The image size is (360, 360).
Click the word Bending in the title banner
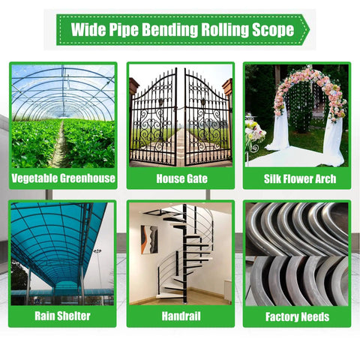pos(170,30)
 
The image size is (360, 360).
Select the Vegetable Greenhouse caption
pos(63,178)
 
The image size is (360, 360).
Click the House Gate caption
pos(181,178)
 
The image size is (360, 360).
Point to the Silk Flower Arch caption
pos(300,179)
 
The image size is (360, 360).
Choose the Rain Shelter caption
pos(62,316)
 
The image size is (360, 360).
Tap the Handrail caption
pos(181,316)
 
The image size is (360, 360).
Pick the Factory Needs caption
pos(297,317)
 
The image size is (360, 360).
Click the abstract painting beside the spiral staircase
pos(149,239)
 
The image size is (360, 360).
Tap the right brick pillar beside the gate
pos(228,88)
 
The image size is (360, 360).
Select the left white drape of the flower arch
pos(279,130)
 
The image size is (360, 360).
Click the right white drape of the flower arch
pos(334,140)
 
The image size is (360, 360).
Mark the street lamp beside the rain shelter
pos(98,268)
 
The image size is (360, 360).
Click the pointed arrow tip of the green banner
pos(310,30)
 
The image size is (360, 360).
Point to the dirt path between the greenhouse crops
pos(61,148)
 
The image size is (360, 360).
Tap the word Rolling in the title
pos(225,30)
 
